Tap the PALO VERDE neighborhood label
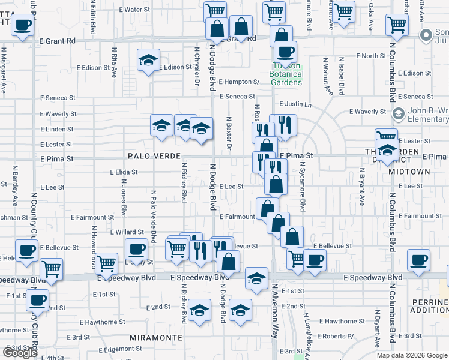(154, 156)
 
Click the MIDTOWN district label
(409, 172)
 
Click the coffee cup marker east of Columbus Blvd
(418, 260)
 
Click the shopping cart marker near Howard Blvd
(106, 262)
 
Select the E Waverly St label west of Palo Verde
(58, 114)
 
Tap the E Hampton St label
(239, 82)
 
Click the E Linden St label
(56, 130)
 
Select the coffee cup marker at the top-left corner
(22, 25)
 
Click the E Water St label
(134, 10)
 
